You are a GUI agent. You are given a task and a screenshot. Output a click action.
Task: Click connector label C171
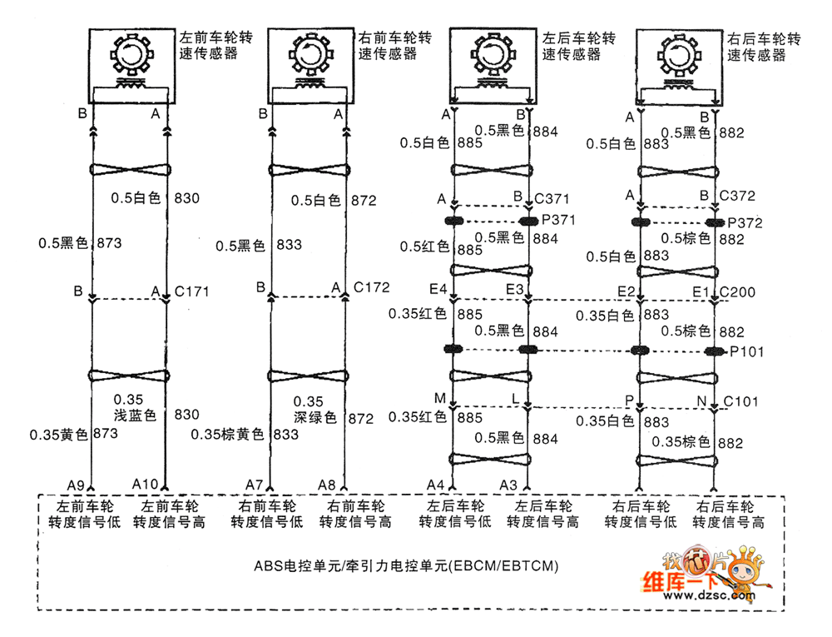coord(192,291)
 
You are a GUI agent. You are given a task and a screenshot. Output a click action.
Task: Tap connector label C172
coord(371,288)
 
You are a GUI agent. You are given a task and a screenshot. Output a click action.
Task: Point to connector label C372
coord(737,197)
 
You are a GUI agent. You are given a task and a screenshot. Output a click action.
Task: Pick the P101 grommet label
coord(747,351)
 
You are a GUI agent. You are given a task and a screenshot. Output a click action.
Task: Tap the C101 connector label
coord(740,401)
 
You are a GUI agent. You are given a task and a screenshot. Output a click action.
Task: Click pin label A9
coord(77,485)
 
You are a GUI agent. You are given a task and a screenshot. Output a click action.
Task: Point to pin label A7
coord(255,485)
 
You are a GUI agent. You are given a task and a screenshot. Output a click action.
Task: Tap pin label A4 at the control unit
coord(436,485)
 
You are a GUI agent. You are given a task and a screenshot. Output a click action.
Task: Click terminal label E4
coord(438,290)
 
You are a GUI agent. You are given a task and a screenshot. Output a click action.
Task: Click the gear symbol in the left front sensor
coord(129,57)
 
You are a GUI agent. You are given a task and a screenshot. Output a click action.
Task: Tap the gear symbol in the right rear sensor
coord(680,57)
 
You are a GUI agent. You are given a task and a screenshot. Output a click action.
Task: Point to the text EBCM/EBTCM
coord(503,566)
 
